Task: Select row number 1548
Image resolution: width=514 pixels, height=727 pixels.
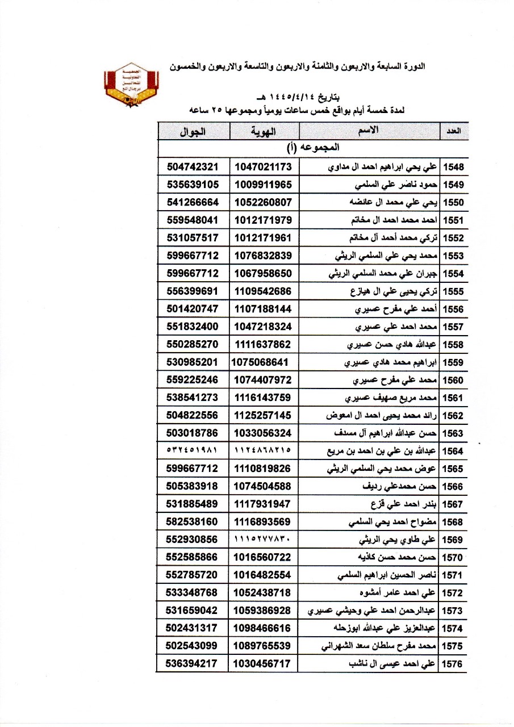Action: [454, 167]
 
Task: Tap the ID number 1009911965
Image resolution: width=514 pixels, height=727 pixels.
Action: [263, 185]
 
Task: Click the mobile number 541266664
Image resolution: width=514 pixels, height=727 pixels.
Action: [193, 203]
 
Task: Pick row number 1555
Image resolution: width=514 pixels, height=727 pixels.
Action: [454, 292]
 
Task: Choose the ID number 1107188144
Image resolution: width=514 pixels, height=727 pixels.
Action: [263, 309]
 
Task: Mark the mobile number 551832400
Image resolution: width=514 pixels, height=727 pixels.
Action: [193, 327]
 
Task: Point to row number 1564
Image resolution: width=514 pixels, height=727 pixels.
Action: [454, 452]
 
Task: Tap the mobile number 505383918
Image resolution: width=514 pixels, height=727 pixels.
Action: [193, 486]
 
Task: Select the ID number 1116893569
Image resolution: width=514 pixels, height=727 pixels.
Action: [263, 521]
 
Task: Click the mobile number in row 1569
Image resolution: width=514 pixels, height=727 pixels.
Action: [193, 539]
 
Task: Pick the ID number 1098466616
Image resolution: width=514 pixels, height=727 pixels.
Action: [263, 628]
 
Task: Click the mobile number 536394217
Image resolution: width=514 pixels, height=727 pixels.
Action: [193, 663]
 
